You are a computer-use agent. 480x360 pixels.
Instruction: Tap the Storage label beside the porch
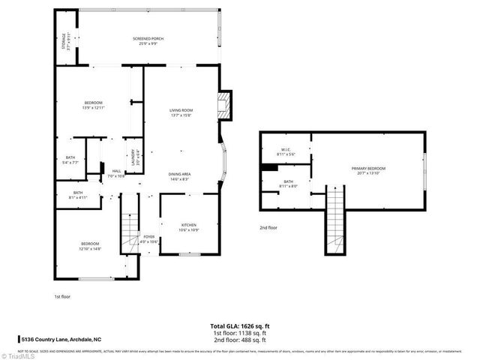[x=65, y=41]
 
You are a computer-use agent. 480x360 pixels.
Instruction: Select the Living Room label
[x=181, y=112]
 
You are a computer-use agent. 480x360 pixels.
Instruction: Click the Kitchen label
[x=189, y=226]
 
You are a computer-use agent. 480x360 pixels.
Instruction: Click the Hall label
[x=116, y=173]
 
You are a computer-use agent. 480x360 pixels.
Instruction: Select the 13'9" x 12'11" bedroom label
[x=93, y=105]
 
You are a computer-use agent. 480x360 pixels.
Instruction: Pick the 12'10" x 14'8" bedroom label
[x=90, y=246]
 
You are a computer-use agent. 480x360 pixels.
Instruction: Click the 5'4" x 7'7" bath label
[x=70, y=159]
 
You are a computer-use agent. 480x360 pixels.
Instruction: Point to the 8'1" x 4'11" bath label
[x=79, y=195]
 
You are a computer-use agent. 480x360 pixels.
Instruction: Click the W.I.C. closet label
[x=286, y=151]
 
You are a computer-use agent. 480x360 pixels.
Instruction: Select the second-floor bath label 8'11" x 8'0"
[x=288, y=183]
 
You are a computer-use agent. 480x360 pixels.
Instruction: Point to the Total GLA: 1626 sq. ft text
[x=239, y=327]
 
